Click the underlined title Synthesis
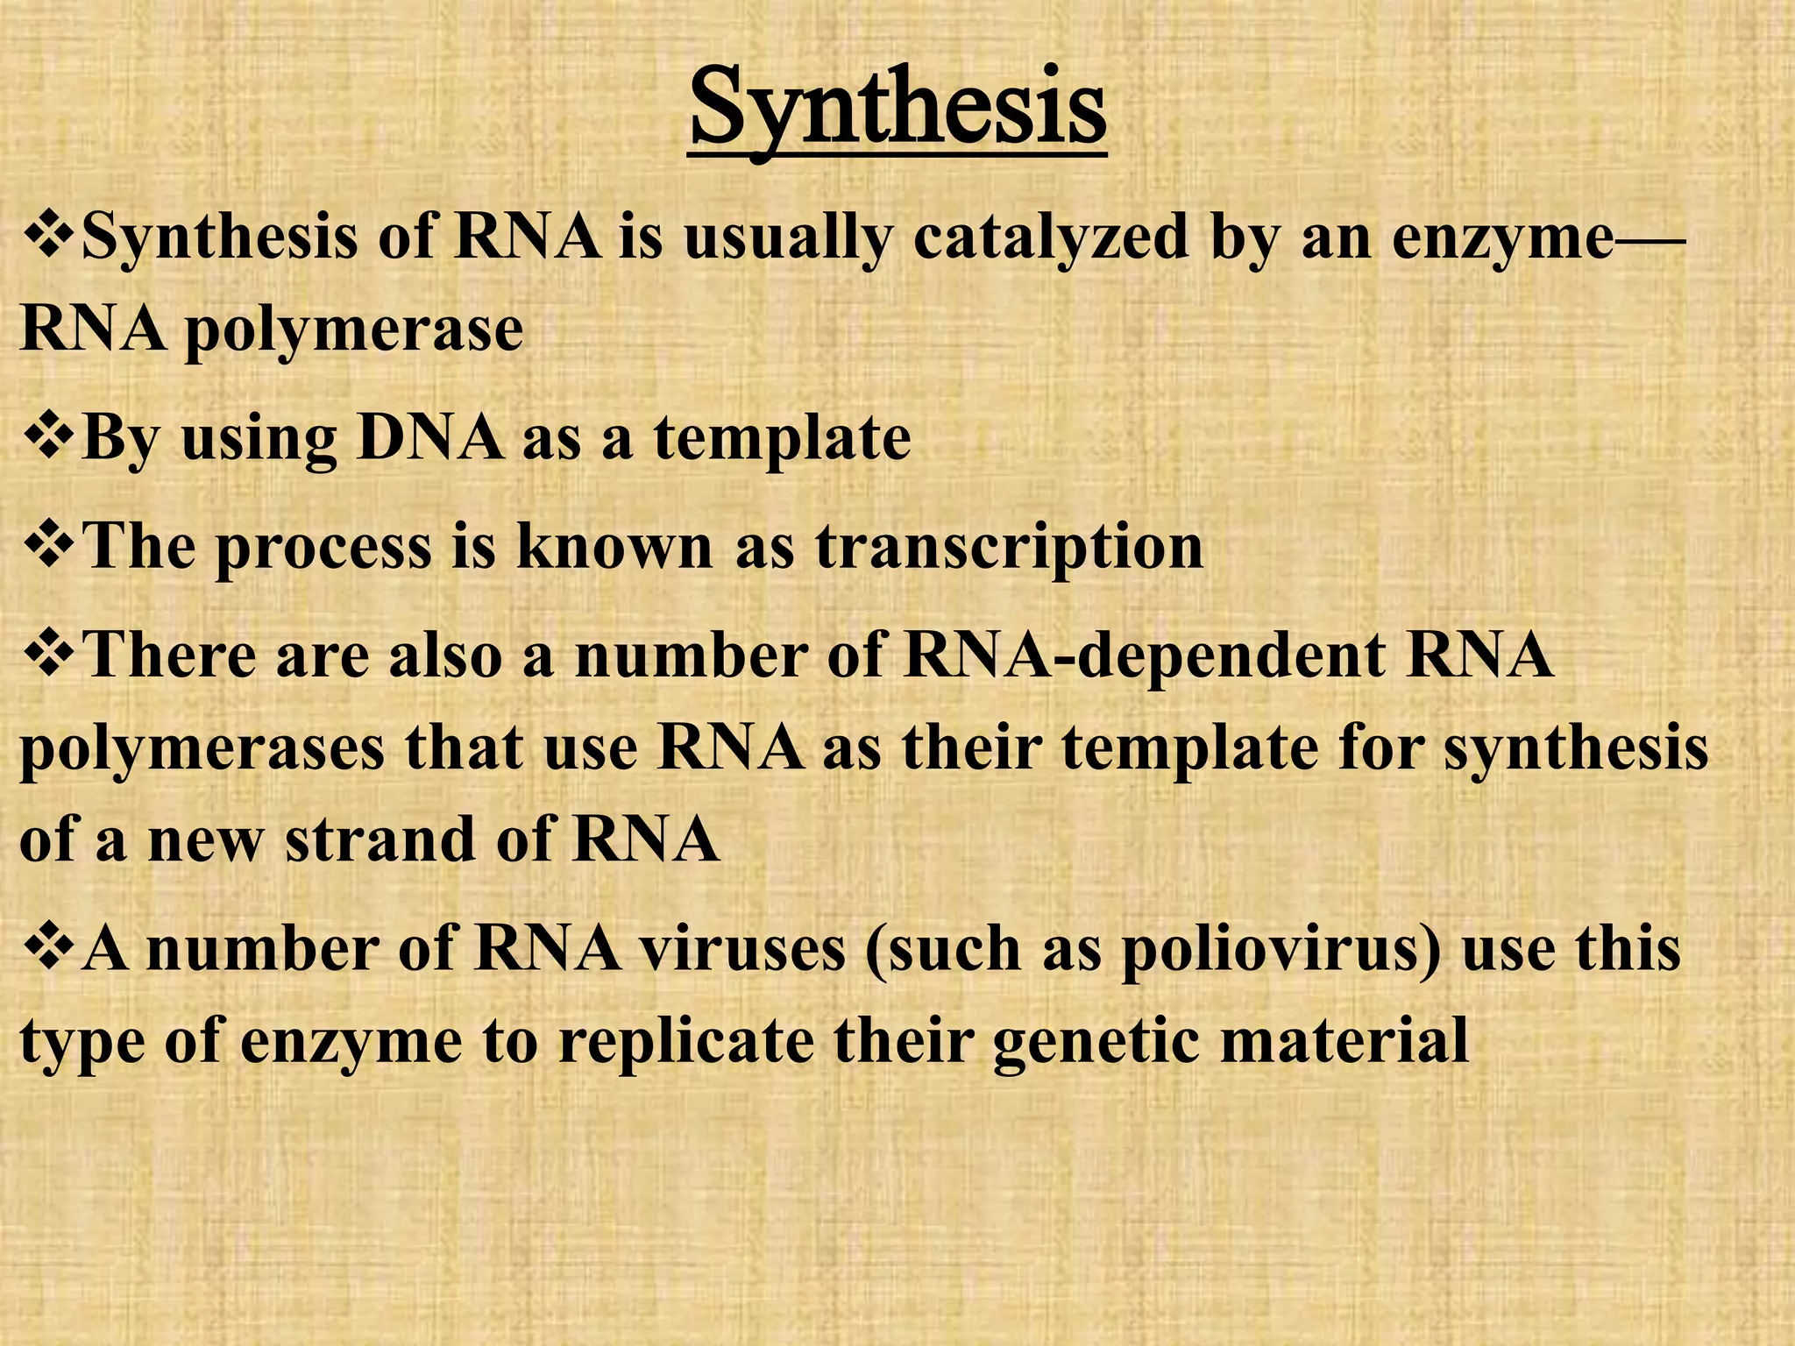[x=897, y=110]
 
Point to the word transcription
[x=1009, y=547]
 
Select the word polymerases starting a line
[x=202, y=750]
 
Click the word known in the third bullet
[x=614, y=547]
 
